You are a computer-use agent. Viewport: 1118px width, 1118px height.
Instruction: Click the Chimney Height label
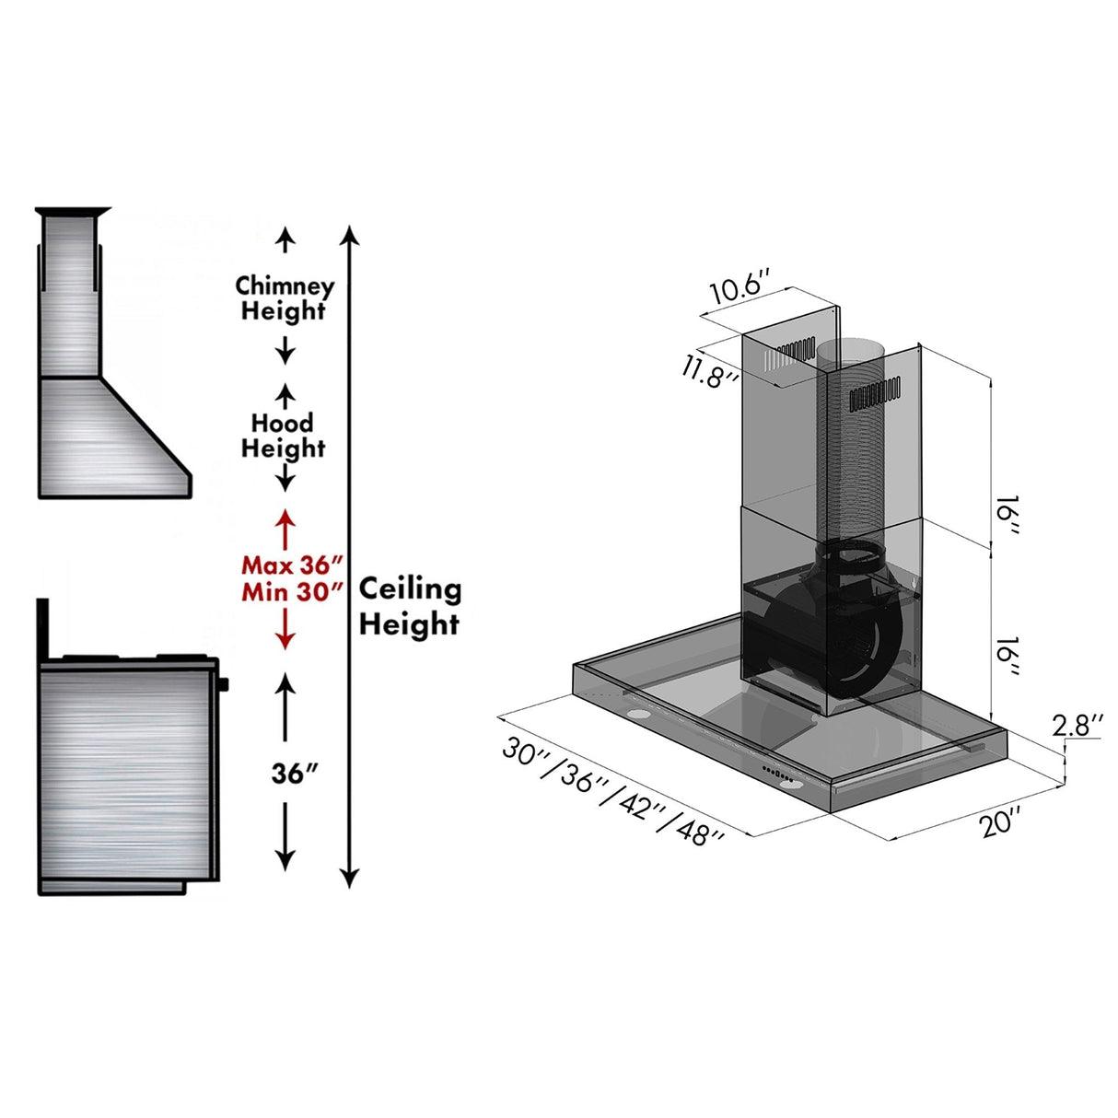point(285,298)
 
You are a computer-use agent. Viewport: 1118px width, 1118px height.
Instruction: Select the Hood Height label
point(283,436)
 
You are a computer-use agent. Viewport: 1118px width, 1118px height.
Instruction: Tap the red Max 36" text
point(292,565)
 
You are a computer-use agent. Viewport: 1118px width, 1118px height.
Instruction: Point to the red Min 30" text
point(292,591)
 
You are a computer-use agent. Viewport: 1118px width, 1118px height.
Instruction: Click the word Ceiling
point(410,588)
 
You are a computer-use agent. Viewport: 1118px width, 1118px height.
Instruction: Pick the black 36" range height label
point(294,774)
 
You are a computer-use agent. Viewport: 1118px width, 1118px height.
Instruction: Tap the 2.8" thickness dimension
point(1077,726)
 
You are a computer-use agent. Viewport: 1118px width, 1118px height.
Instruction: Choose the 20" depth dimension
point(1000,821)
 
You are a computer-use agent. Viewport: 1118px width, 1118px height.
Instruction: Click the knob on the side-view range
point(224,684)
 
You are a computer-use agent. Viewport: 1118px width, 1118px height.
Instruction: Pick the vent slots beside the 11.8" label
point(794,353)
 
